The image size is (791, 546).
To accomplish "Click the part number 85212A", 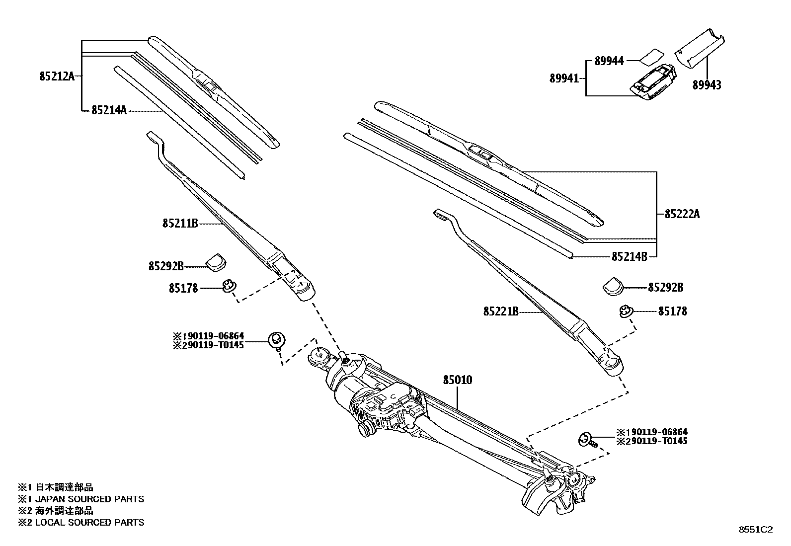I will tap(57, 76).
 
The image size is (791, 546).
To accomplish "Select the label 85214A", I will tap(109, 110).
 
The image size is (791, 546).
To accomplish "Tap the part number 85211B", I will tap(180, 224).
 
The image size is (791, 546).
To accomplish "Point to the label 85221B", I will tap(500, 312).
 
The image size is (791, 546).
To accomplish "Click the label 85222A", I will tap(682, 214).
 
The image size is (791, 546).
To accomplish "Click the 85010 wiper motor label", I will tap(457, 380).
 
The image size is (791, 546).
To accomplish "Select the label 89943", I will tap(707, 85).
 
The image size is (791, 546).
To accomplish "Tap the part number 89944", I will tap(609, 61).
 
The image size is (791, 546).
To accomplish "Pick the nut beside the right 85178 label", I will tap(625, 312).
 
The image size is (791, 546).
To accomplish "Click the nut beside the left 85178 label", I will tap(229, 286).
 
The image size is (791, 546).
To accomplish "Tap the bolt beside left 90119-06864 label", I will tap(276, 341).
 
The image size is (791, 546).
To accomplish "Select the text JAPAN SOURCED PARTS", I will tap(89, 499).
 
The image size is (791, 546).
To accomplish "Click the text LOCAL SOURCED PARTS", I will tap(89, 522).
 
